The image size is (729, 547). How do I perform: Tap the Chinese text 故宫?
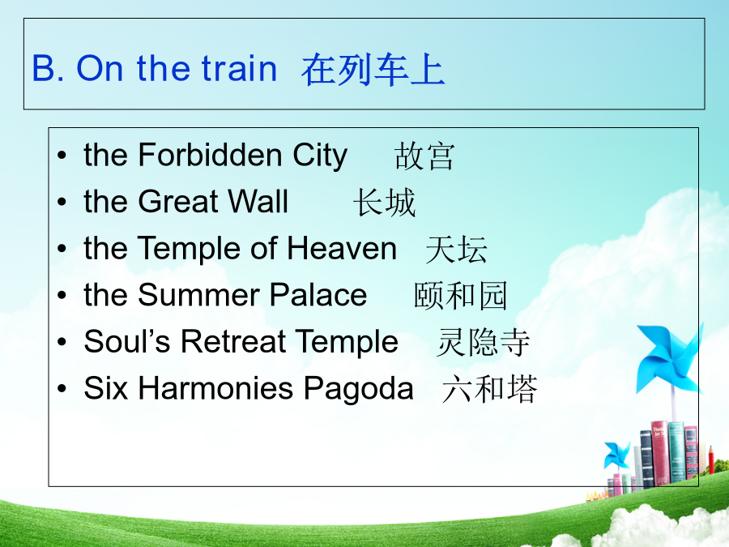pos(424,156)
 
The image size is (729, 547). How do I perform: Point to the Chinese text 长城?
pos(384,203)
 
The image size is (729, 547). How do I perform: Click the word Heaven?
pos(342,248)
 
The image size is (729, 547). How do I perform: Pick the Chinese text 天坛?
pos(456,250)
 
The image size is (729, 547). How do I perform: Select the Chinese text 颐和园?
pos(460,296)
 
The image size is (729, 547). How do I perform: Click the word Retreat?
pos(232,341)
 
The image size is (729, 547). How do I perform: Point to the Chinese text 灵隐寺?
pos(483,343)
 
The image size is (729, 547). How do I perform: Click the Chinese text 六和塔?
pos(490,389)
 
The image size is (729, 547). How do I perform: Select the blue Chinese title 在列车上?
pos(373,70)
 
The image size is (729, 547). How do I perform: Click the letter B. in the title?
pos(48,68)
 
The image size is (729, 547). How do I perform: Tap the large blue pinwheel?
pos(670,358)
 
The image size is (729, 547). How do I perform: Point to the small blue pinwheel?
pos(616,455)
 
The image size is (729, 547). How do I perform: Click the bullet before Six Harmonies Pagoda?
pos(62,389)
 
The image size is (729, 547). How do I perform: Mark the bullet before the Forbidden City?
pos(62,156)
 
